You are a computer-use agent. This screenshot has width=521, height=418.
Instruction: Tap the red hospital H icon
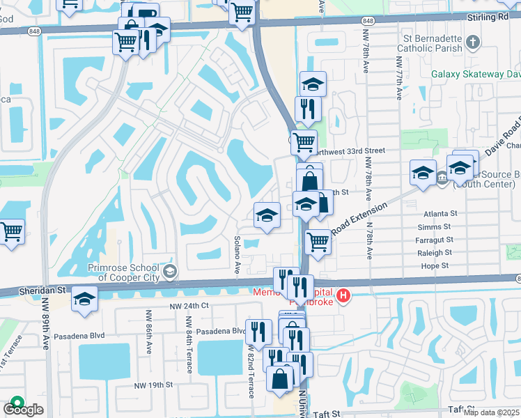[342, 297]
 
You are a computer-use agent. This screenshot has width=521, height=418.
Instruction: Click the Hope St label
[435, 265]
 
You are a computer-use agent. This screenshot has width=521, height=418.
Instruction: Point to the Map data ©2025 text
[491, 412]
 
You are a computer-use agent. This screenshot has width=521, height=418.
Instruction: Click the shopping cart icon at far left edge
[12, 232]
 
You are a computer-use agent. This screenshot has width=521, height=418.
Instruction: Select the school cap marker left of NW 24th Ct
[84, 299]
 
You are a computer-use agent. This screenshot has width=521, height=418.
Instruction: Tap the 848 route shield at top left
[34, 31]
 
